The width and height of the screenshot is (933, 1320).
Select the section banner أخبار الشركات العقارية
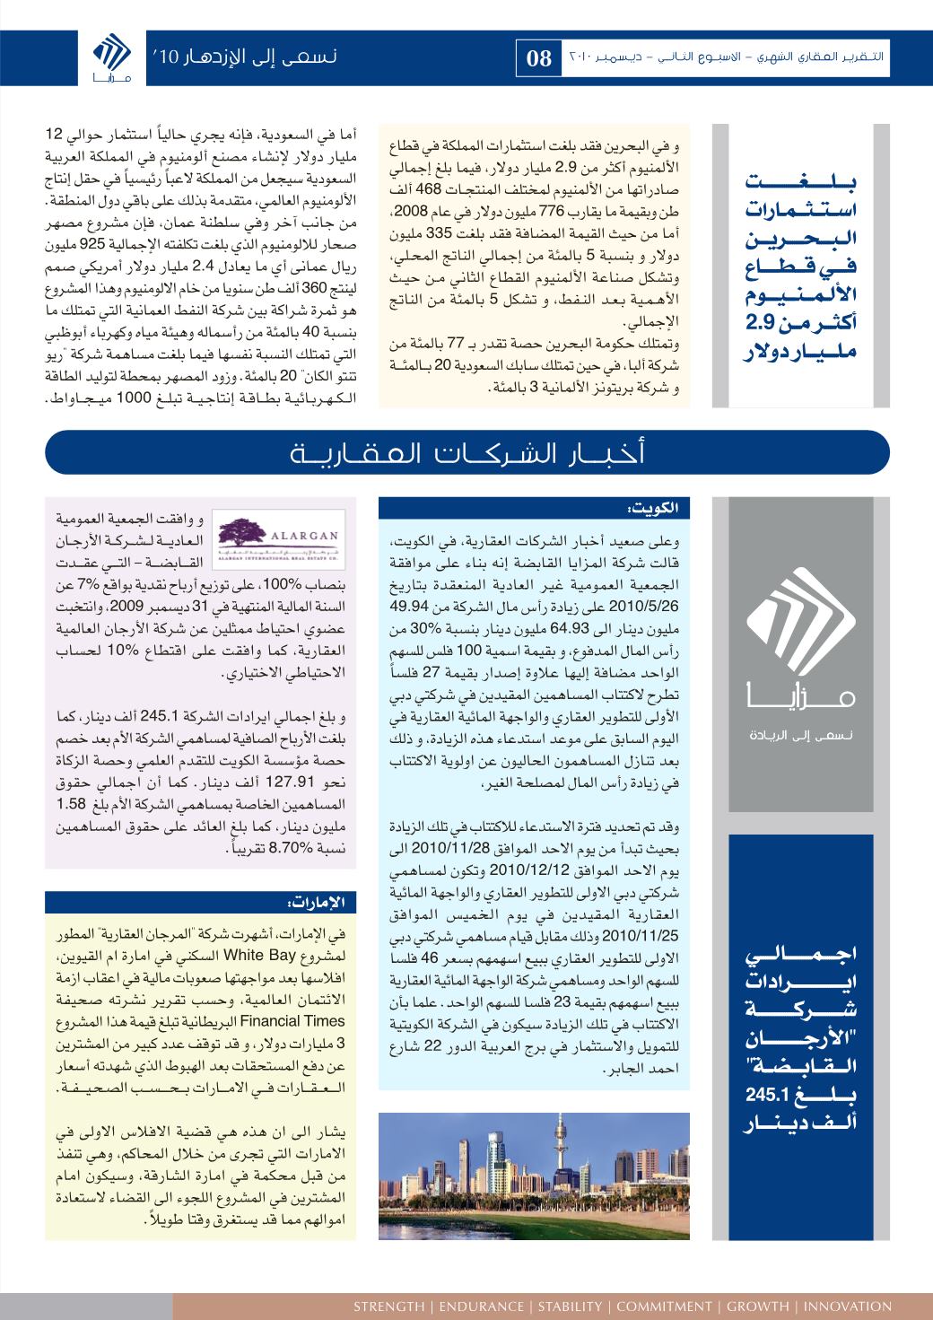[x=466, y=452]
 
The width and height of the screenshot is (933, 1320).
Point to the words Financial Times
[x=302, y=1021]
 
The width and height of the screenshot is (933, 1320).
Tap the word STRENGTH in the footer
[x=388, y=1306]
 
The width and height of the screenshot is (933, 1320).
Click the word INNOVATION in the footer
[x=847, y=1306]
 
